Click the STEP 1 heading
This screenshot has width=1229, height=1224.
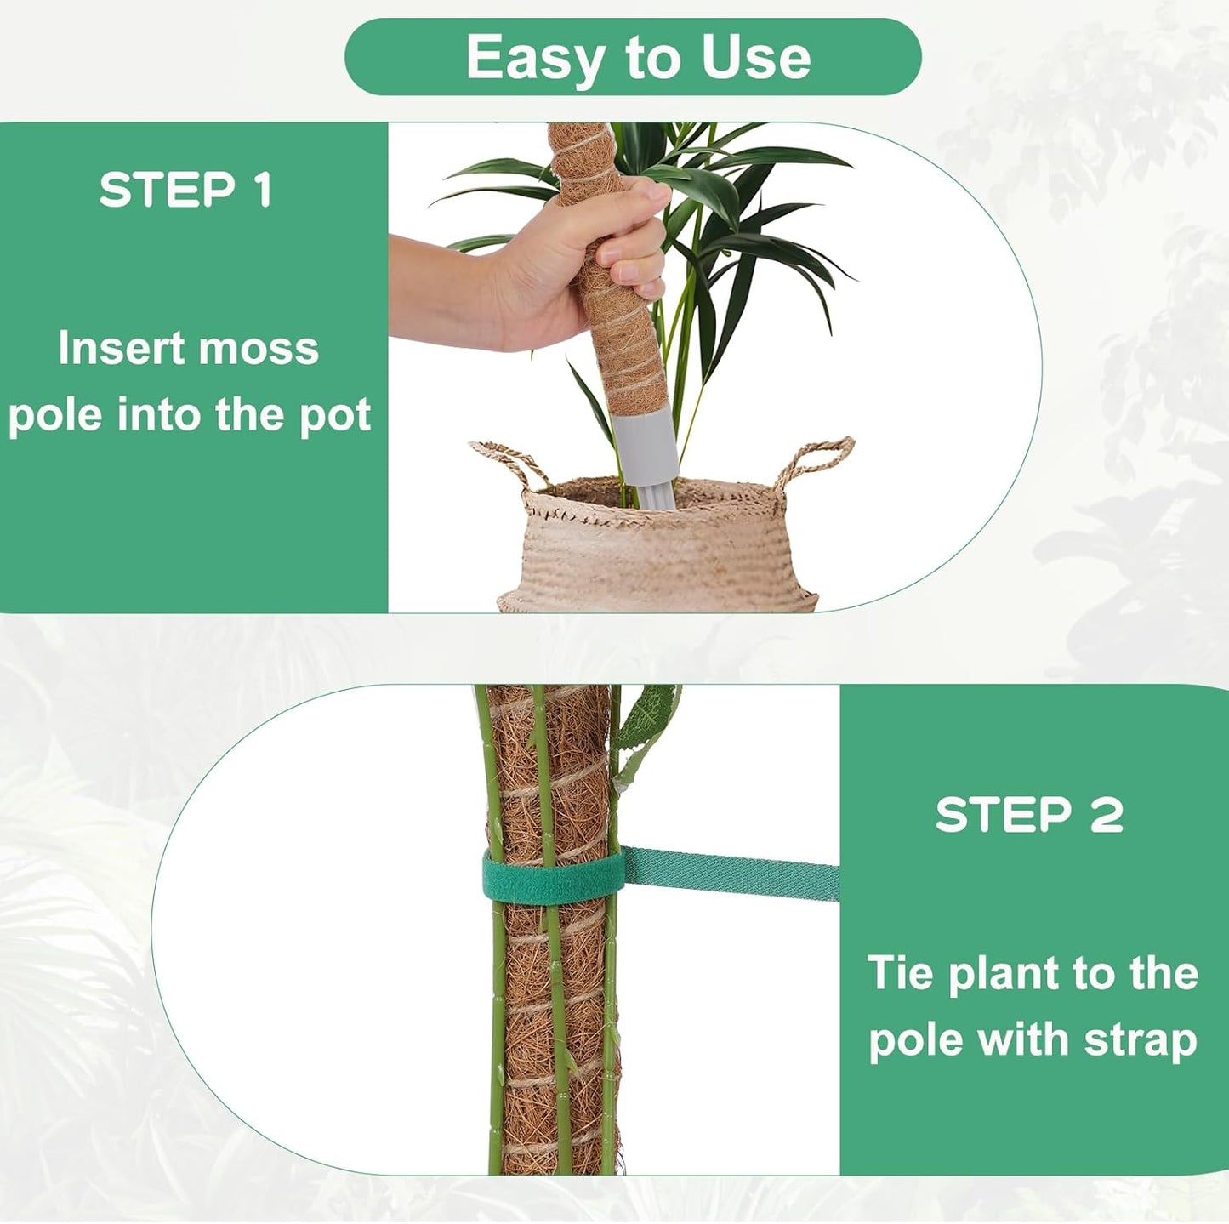(x=185, y=190)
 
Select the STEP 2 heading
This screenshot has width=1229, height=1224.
(x=1029, y=815)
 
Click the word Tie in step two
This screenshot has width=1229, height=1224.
(x=901, y=973)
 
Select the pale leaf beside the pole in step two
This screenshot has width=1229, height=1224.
(x=647, y=719)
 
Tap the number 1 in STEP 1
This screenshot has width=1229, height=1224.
(x=263, y=190)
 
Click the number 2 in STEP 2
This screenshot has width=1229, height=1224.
(x=1105, y=815)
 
